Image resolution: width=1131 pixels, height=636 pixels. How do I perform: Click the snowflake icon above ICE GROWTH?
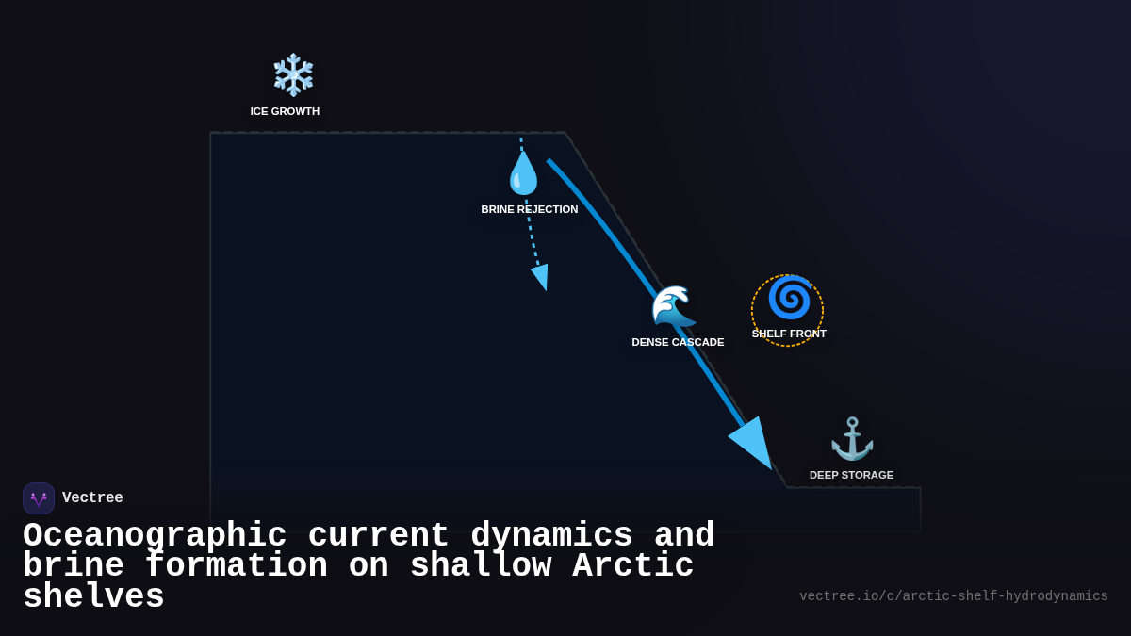293,75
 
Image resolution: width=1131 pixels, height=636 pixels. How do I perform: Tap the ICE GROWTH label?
285,111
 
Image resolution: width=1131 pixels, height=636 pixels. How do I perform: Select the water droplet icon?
523,173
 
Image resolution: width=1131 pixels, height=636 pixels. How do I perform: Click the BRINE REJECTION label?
530,209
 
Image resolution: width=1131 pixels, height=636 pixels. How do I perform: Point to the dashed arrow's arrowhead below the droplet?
541,276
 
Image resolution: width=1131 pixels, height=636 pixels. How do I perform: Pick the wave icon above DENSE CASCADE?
673,307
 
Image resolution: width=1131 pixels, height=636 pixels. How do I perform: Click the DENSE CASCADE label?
678,342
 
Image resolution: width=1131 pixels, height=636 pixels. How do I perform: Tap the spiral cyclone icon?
789,299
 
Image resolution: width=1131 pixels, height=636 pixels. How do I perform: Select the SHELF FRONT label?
789,334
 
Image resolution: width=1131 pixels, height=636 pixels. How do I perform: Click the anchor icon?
852,439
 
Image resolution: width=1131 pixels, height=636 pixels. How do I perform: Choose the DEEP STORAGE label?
851,475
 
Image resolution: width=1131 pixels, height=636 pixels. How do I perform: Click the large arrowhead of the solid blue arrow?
753,442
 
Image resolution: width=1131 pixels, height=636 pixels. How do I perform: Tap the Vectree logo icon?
39,498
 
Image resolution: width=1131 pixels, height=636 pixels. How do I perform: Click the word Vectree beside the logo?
92,498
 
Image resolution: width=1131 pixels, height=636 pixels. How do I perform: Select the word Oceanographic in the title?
155,536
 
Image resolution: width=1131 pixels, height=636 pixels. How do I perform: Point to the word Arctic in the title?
632,566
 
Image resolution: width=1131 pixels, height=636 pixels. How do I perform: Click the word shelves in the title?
93,597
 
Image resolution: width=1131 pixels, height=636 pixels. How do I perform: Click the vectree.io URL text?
953,596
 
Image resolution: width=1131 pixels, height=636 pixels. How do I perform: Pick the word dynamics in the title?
551,536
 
